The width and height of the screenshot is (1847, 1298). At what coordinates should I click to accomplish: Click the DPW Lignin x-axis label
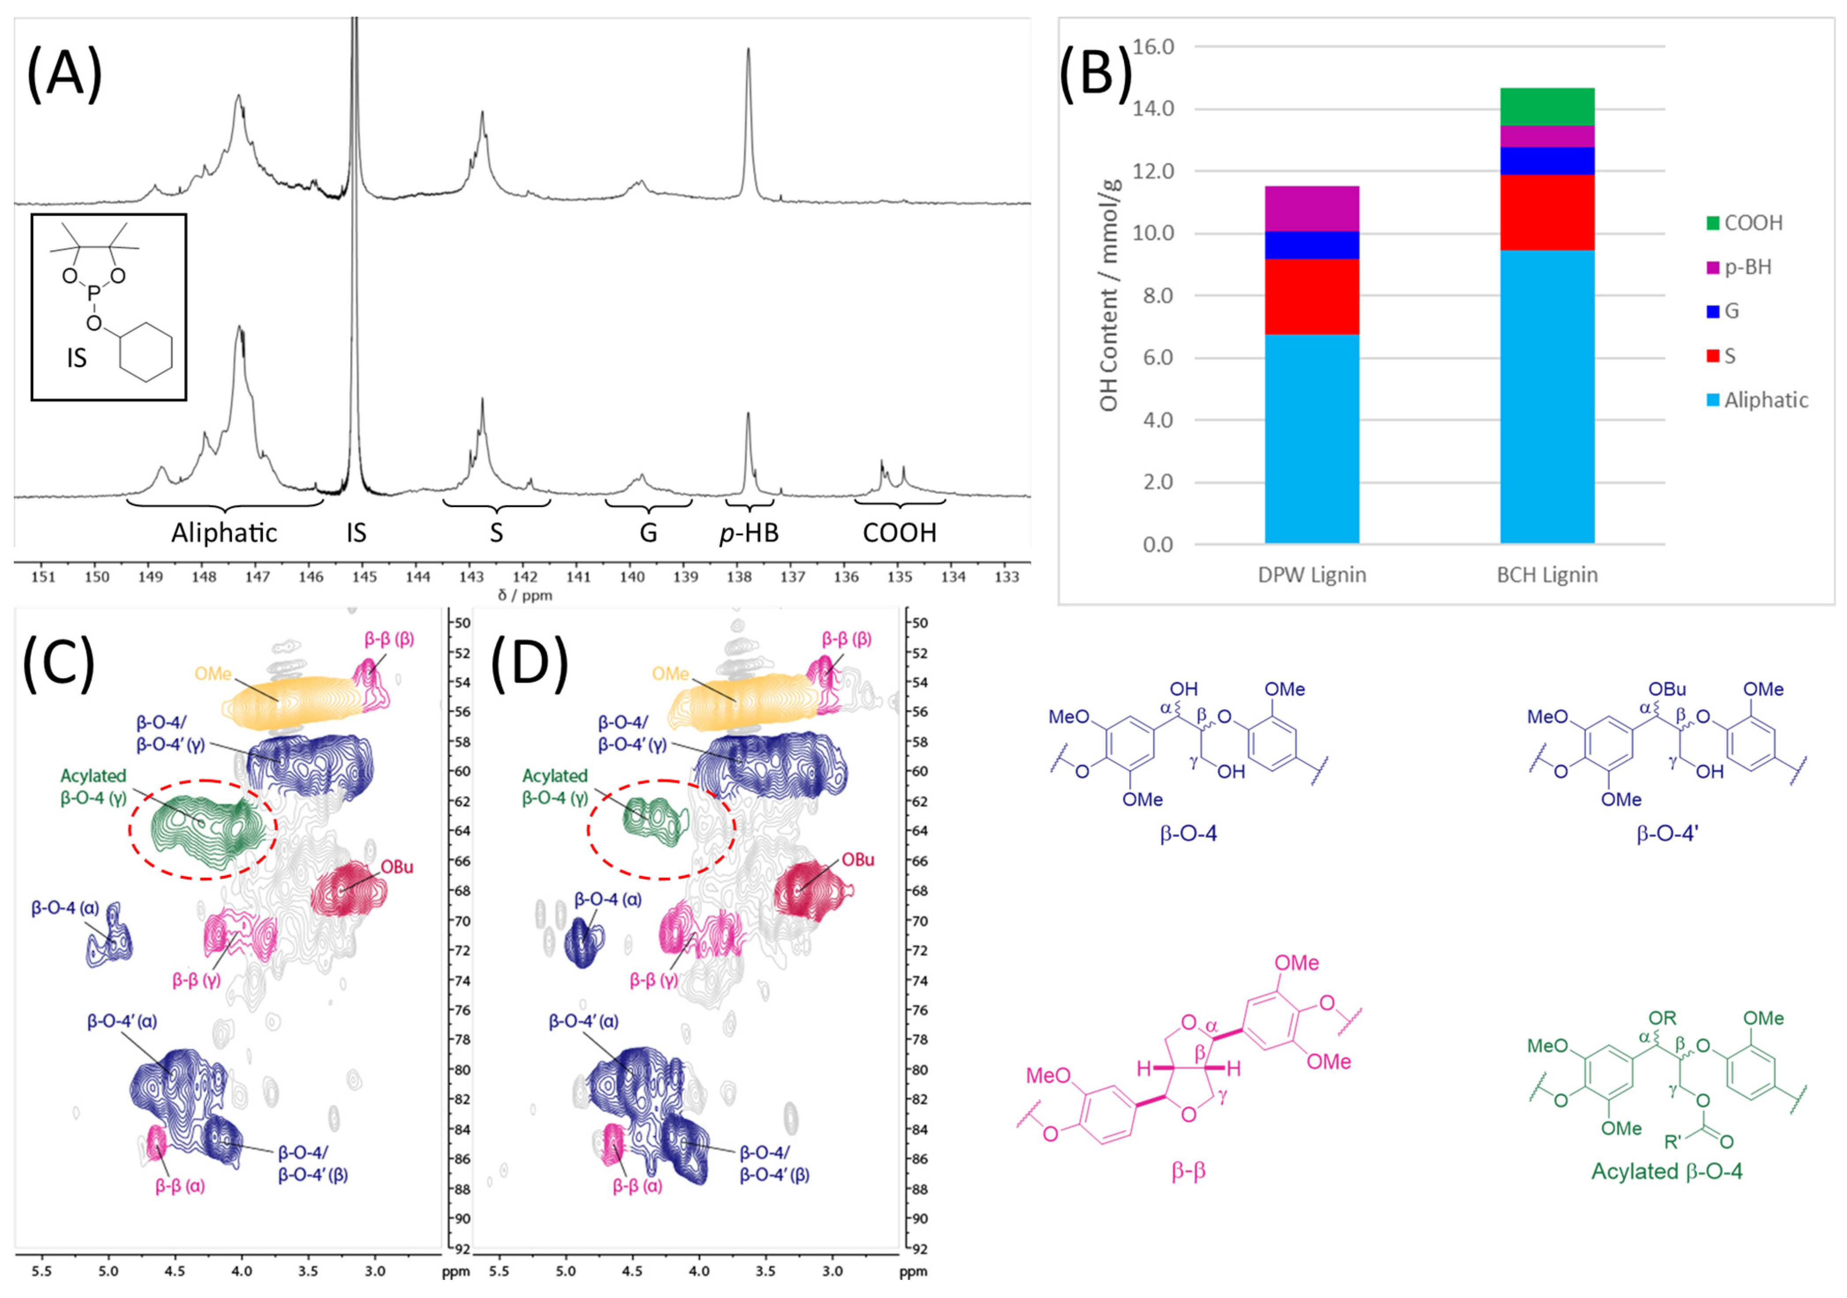pyautogui.click(x=1311, y=575)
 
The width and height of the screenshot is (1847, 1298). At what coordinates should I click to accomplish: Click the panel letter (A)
pyautogui.click(x=64, y=72)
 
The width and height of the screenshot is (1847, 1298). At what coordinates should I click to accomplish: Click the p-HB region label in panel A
pyautogui.click(x=749, y=532)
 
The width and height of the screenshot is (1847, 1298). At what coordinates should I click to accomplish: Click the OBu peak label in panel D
pyautogui.click(x=857, y=860)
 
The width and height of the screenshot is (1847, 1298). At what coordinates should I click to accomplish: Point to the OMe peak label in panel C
pyautogui.click(x=212, y=674)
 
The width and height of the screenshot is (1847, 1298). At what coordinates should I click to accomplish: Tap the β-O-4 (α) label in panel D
pyautogui.click(x=608, y=899)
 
